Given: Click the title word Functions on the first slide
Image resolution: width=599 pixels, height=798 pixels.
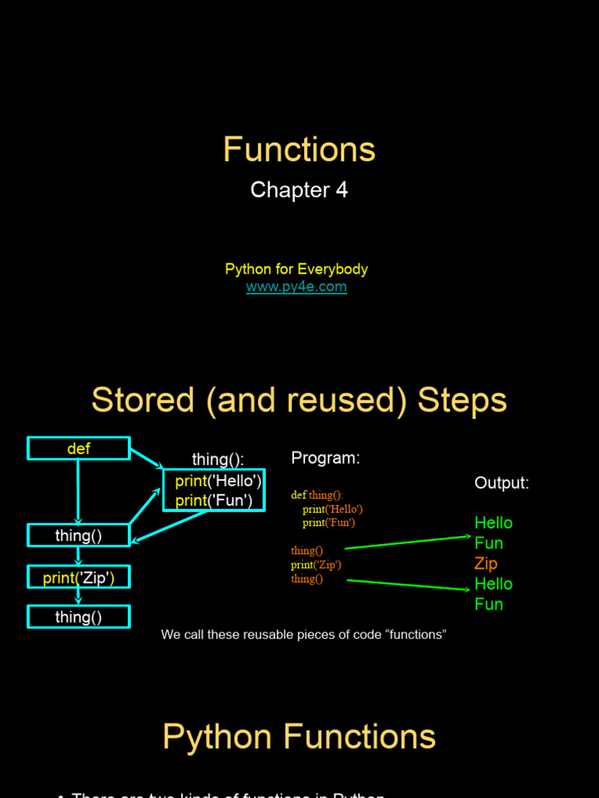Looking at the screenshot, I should (299, 150).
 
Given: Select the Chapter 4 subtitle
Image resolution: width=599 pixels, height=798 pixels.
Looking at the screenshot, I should (299, 190).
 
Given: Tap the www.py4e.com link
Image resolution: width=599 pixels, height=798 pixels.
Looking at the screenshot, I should (296, 287).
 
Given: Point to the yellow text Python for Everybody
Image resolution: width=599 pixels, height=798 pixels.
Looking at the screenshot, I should (296, 269).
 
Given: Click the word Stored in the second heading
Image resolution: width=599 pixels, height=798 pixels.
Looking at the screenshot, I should (144, 401).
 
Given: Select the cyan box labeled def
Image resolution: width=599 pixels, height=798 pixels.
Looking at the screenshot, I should (79, 449).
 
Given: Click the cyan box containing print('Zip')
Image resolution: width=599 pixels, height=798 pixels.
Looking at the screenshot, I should (79, 577).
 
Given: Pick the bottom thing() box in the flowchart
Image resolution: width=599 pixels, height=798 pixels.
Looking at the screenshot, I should (79, 617).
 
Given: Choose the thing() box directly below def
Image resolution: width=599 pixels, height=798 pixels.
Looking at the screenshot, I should (79, 535).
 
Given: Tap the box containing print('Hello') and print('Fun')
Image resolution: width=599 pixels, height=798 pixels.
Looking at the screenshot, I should (214, 490).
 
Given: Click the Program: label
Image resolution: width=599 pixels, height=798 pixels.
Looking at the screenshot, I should (325, 458).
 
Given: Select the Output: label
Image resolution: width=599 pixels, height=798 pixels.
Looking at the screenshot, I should (502, 483).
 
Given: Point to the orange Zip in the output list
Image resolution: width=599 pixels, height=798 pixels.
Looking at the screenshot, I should (486, 563).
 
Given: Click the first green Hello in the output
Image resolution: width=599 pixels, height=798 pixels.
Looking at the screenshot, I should (494, 523).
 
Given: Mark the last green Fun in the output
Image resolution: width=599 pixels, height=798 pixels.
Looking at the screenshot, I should (489, 604).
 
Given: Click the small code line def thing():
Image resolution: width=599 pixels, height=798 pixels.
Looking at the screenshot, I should (317, 495).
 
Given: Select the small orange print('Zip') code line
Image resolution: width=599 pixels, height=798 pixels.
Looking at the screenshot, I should (316, 565).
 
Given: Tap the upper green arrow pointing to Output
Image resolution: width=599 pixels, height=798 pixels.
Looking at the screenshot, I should (406, 542).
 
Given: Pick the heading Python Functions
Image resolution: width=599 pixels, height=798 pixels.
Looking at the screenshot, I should (299, 737).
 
